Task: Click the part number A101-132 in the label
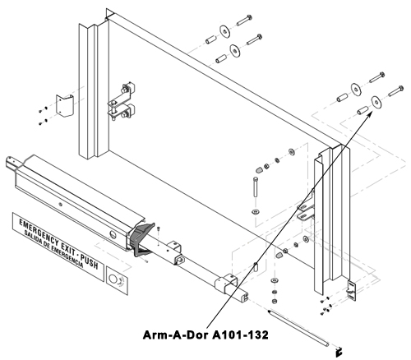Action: [x=241, y=335]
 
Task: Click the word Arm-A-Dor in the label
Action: [x=177, y=335]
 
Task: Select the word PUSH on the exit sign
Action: [x=90, y=261]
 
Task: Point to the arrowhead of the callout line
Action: [x=370, y=114]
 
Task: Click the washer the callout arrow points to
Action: [x=376, y=102]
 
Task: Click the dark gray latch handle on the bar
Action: [x=141, y=239]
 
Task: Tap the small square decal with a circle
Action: [x=118, y=280]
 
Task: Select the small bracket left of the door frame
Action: [x=65, y=105]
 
